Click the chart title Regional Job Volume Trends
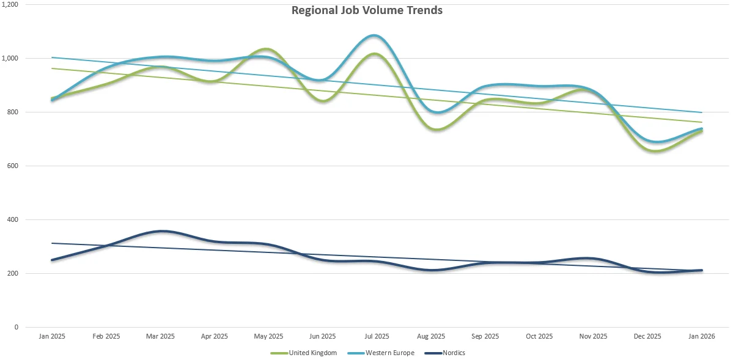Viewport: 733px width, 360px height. (x=367, y=10)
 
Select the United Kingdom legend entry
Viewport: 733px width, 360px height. (x=312, y=353)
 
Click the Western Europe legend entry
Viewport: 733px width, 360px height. (x=389, y=353)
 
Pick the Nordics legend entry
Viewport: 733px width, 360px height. (x=452, y=353)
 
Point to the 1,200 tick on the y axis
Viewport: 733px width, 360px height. (x=10, y=4)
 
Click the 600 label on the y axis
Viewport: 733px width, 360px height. (x=13, y=166)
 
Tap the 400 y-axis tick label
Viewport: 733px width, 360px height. (x=13, y=219)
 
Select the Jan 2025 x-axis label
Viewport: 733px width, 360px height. (x=52, y=336)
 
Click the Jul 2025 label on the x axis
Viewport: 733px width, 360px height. (x=377, y=336)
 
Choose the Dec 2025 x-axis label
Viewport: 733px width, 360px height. (x=647, y=336)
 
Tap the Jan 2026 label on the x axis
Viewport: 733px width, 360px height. (x=701, y=336)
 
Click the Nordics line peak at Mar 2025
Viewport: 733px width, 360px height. (x=161, y=231)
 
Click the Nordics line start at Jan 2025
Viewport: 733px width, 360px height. (x=52, y=260)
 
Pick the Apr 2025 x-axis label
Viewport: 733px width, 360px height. (x=215, y=336)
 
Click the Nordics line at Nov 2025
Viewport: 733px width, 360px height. (x=593, y=259)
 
